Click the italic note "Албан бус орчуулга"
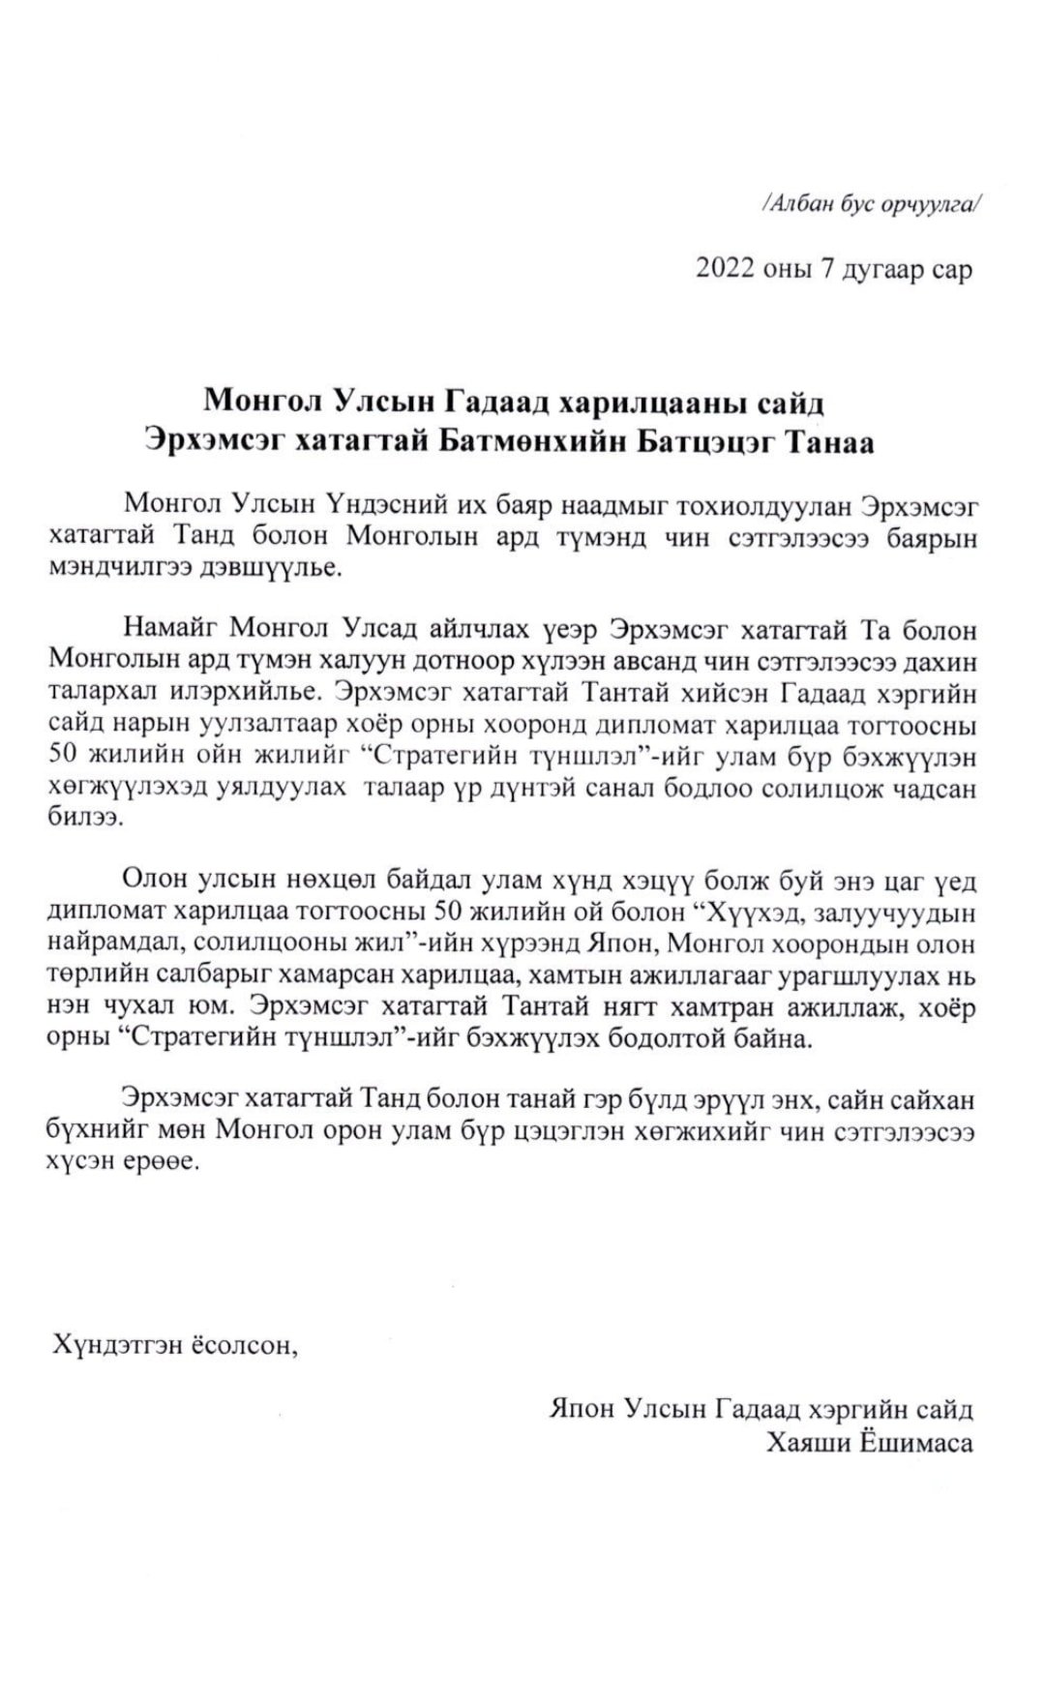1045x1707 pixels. click(872, 204)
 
